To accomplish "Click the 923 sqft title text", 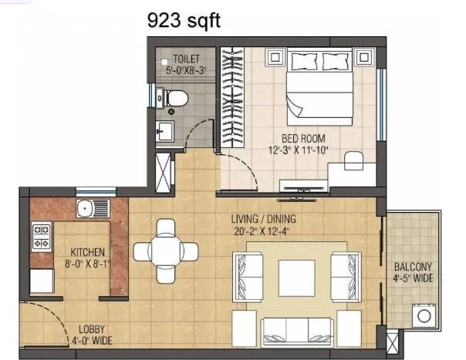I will click(x=184, y=21).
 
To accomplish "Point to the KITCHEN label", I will click(x=88, y=252).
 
